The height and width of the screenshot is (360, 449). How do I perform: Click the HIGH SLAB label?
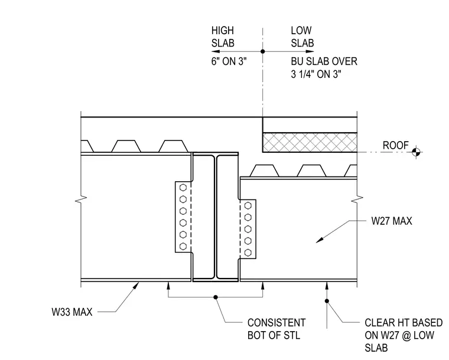(223, 37)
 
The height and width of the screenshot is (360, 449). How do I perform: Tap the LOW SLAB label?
(302, 37)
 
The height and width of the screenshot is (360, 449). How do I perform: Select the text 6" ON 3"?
(229, 61)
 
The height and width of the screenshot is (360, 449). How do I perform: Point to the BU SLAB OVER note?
(324, 68)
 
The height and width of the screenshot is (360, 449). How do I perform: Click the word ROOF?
(395, 145)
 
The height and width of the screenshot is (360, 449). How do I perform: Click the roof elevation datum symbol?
(417, 152)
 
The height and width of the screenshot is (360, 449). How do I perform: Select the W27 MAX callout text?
(392, 221)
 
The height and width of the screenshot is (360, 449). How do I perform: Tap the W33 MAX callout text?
(72, 312)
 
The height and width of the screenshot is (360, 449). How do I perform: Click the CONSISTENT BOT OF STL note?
(276, 329)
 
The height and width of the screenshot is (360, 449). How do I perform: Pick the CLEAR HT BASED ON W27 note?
(404, 335)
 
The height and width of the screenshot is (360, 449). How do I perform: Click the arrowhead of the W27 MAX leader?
(319, 240)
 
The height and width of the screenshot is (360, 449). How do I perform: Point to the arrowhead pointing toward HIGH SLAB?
(215, 51)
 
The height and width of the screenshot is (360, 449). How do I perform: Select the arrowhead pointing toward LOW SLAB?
(310, 51)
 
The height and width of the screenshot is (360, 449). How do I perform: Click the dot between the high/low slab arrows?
(262, 51)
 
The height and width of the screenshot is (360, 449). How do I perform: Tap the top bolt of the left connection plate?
(183, 188)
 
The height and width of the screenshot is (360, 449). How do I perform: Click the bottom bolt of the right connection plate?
(248, 253)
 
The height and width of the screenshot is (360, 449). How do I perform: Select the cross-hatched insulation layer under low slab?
(310, 142)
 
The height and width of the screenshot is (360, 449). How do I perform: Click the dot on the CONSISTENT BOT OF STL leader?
(216, 297)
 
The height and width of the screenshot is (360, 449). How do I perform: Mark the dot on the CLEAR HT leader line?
(327, 301)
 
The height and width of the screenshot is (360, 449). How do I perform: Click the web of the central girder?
(215, 217)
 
